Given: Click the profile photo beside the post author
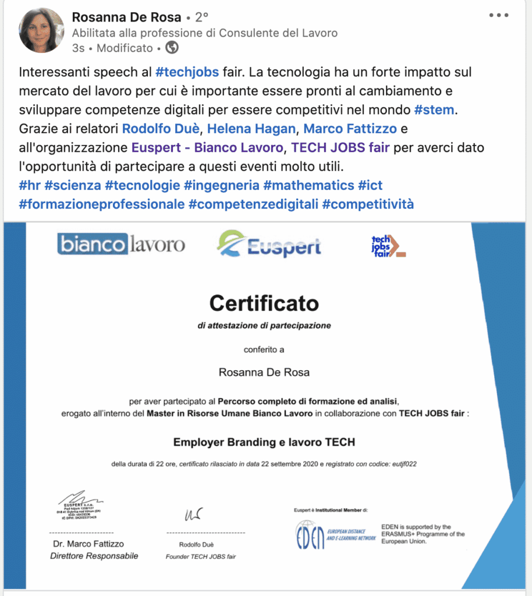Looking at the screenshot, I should (42, 30).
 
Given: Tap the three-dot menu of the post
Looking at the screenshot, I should (499, 15).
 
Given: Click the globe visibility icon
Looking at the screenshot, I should (172, 48).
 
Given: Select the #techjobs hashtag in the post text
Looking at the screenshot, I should (187, 73).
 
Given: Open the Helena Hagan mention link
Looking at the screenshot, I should (252, 129).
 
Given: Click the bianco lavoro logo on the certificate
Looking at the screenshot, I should (121, 243).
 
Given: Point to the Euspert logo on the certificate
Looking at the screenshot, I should (269, 244).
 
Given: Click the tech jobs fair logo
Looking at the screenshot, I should (388, 246).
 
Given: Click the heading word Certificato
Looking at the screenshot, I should (264, 303).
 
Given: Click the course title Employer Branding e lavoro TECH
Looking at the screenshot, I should (264, 442).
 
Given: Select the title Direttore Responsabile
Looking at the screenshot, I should (94, 556).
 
